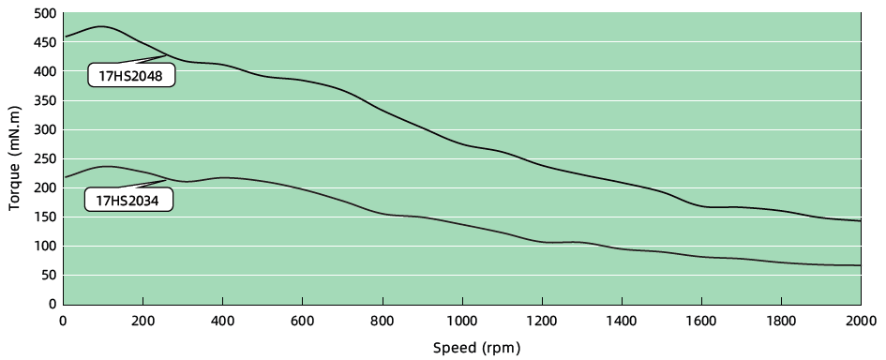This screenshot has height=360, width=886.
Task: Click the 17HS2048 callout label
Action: (x=132, y=76)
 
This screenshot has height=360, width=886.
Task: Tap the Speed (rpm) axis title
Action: (x=475, y=348)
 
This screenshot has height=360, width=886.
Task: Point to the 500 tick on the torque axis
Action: (x=43, y=13)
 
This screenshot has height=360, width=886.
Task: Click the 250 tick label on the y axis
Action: (x=43, y=158)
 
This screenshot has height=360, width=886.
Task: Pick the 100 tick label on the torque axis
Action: (x=43, y=247)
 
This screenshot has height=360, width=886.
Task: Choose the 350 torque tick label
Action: (x=43, y=100)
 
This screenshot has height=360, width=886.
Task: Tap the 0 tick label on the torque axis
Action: (x=52, y=305)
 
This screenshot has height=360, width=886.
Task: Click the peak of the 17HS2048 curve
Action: (x=100, y=26)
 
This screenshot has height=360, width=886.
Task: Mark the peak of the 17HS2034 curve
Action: (x=107, y=167)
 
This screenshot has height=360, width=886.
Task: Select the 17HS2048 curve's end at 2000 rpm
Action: (x=860, y=221)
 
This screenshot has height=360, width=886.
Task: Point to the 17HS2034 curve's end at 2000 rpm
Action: (x=860, y=265)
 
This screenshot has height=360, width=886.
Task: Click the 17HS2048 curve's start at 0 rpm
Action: (x=64, y=37)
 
